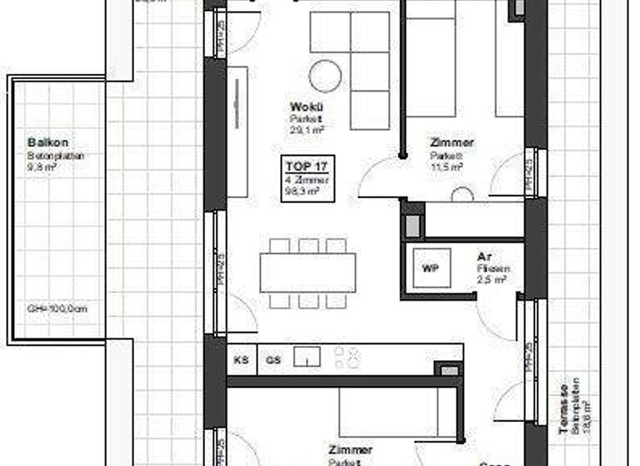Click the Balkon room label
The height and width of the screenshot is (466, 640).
click(x=42, y=142)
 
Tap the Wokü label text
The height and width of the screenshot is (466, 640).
click(x=301, y=107)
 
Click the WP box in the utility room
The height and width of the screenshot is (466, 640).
click(x=431, y=269)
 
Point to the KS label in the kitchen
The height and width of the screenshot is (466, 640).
click(x=242, y=360)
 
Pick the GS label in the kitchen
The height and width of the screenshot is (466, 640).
click(x=272, y=360)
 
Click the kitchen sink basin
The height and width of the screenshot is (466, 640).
click(x=308, y=358)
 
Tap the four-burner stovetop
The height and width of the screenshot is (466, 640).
click(x=347, y=358)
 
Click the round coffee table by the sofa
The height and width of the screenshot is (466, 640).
click(x=325, y=77)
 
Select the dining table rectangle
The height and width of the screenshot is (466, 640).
click(x=307, y=273)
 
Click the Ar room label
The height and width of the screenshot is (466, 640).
click(x=483, y=257)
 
